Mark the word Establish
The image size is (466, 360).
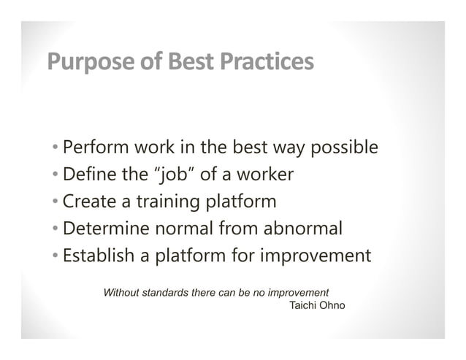[96, 256]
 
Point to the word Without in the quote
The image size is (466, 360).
[125, 292]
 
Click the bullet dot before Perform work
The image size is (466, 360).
[56, 149]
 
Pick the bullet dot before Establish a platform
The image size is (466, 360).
[56, 257]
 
